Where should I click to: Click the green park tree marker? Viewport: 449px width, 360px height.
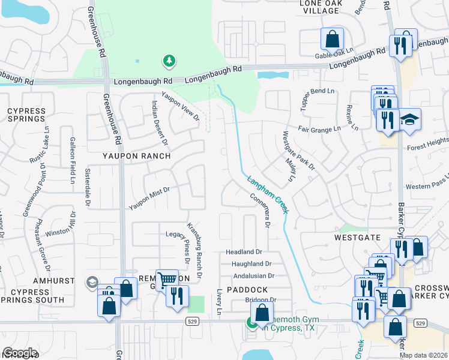pos(169,61)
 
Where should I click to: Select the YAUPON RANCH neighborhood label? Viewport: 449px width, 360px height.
pos(128,156)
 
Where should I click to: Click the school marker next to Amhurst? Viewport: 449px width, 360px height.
pos(92,282)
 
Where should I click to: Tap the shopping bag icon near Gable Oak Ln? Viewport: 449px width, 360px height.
pos(332,39)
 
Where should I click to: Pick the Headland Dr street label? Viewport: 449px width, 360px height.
pos(244,253)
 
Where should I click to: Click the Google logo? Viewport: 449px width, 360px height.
pos(19,353)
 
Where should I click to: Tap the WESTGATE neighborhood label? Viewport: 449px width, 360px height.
pos(358,238)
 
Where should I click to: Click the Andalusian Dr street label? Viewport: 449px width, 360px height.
pos(253,276)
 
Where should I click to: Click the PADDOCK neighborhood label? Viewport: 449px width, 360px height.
pos(247,289)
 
